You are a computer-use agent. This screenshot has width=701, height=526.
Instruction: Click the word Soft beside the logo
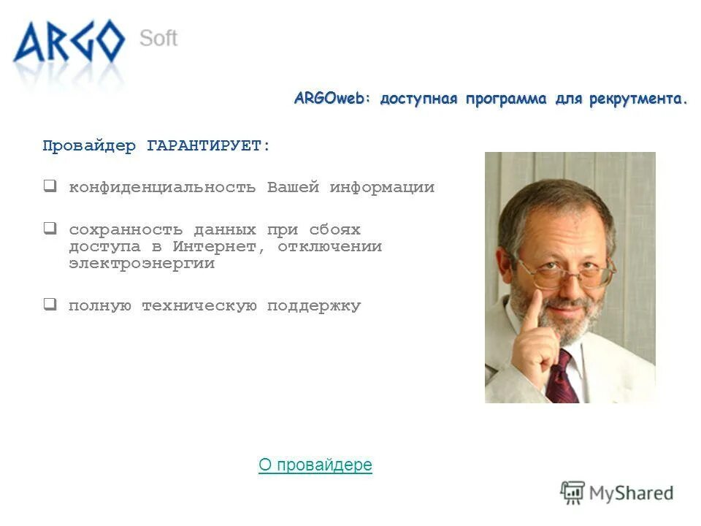[x=158, y=38]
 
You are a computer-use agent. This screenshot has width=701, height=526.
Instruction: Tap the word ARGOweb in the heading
[x=332, y=99]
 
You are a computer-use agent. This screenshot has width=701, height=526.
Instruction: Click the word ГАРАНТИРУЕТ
[x=207, y=146]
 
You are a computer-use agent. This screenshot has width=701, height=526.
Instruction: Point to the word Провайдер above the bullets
[x=89, y=146]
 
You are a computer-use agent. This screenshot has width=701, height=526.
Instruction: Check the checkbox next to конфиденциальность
[x=50, y=186]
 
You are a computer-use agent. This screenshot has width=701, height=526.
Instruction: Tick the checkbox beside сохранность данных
[x=50, y=228]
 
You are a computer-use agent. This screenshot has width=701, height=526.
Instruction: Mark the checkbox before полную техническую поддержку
[x=50, y=305]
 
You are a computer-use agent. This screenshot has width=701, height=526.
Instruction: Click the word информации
[x=382, y=187]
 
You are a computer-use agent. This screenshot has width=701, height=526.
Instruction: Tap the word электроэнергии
[x=142, y=264]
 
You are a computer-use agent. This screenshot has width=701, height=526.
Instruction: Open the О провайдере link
[x=315, y=465]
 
